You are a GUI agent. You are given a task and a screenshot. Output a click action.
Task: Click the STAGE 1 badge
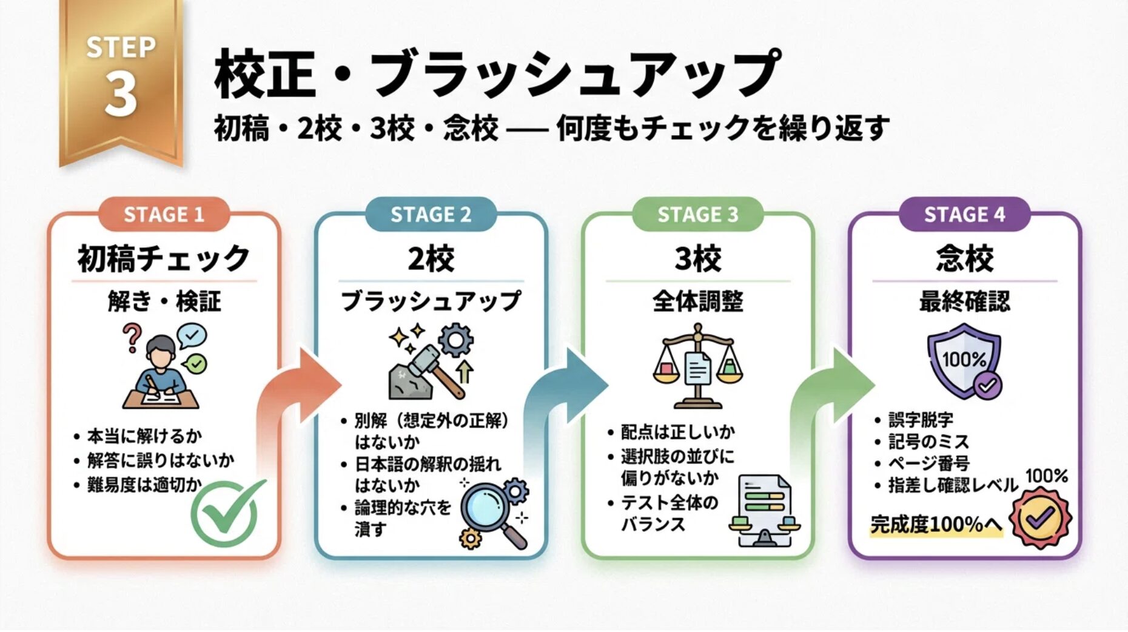click(164, 214)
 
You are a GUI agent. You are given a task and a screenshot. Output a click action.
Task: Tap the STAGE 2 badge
click(431, 214)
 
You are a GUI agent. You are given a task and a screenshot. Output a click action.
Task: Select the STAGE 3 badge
click(697, 214)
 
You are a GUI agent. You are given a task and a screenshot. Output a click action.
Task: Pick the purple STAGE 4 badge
click(964, 214)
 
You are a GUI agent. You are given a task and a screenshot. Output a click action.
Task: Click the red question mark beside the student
click(131, 337)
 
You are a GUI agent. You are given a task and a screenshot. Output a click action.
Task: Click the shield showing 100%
click(963, 360)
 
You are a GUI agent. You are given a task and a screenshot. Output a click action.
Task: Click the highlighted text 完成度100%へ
click(935, 524)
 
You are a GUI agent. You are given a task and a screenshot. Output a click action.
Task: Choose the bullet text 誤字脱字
click(921, 420)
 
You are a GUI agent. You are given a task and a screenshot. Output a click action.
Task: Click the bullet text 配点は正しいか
click(677, 432)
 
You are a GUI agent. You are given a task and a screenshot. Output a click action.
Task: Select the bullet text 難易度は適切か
click(144, 485)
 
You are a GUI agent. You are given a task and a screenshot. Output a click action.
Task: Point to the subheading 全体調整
click(697, 301)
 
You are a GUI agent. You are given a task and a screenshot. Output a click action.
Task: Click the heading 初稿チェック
click(164, 259)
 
